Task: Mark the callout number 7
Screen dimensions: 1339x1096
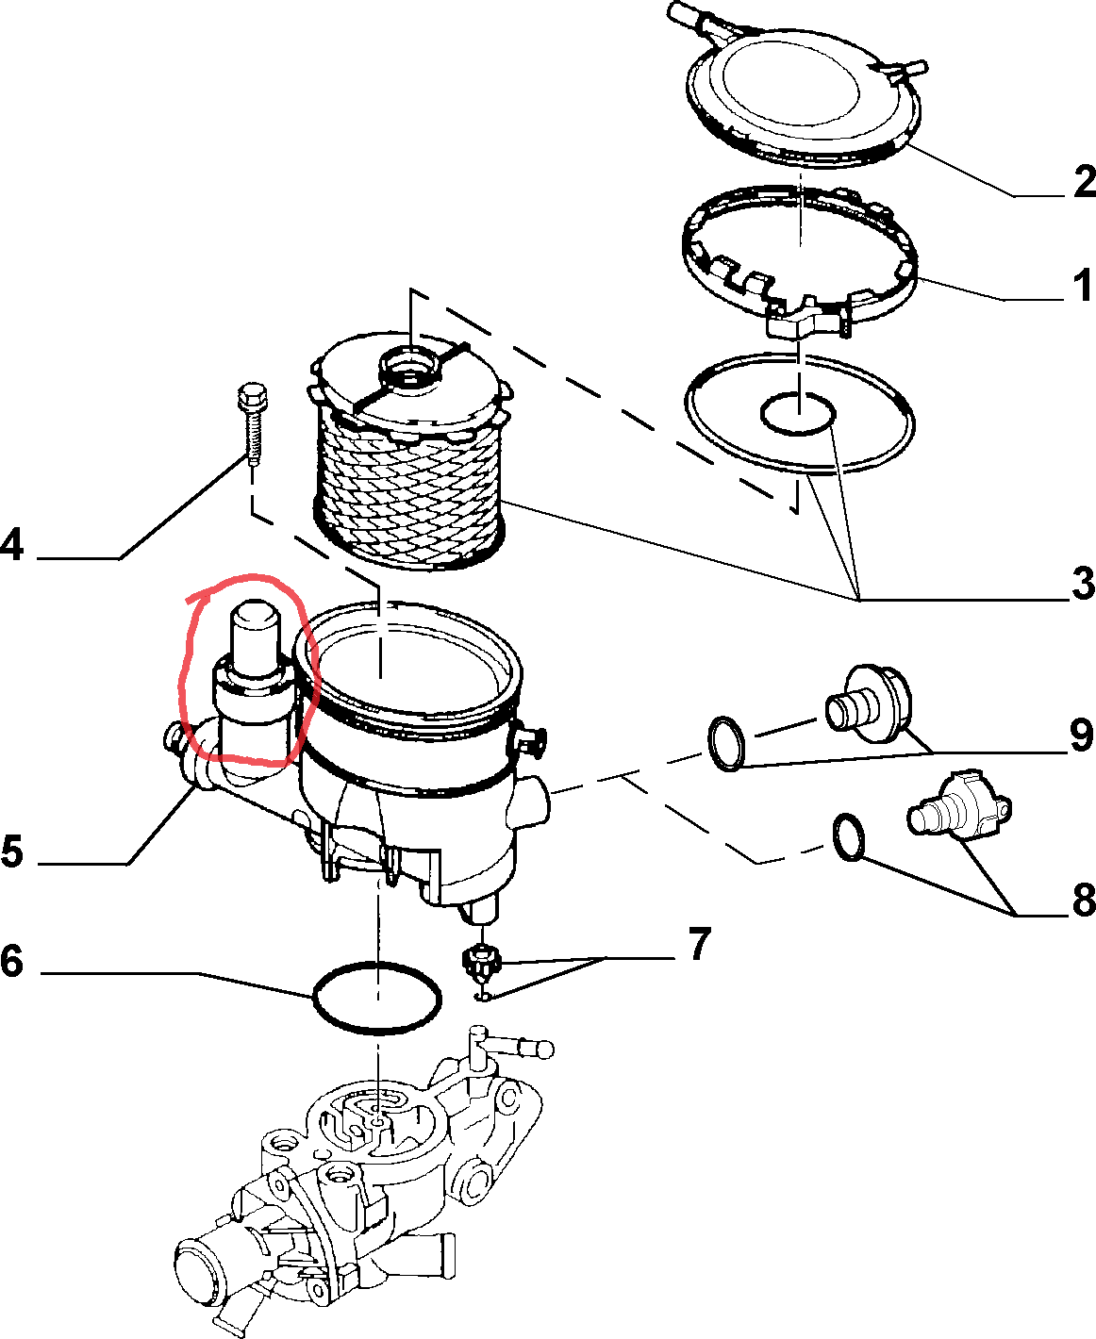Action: (698, 944)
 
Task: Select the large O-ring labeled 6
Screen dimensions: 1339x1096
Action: (376, 998)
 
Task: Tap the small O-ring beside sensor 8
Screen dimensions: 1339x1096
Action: (848, 836)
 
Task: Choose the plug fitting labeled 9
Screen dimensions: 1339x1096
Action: (870, 703)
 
